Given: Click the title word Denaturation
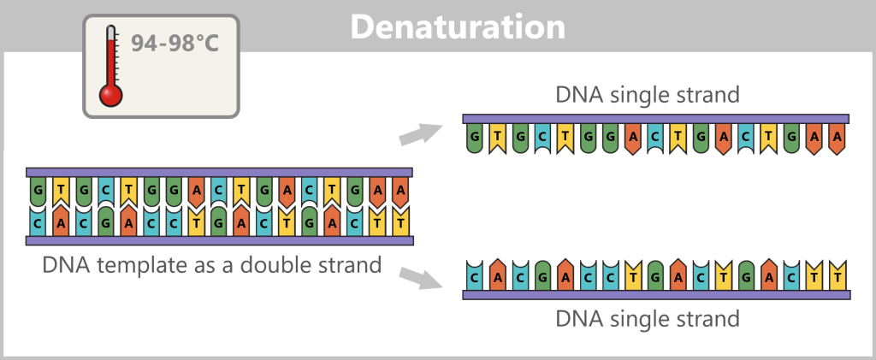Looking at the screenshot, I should (459, 27).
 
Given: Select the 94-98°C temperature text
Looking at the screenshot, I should (175, 42).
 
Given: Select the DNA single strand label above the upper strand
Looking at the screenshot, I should (648, 95).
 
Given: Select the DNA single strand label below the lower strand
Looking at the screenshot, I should (648, 319).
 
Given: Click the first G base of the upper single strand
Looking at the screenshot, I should (474, 137).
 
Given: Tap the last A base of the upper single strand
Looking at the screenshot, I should (838, 137).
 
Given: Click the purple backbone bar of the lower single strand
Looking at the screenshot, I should (655, 294).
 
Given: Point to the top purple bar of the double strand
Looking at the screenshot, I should (220, 172).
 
